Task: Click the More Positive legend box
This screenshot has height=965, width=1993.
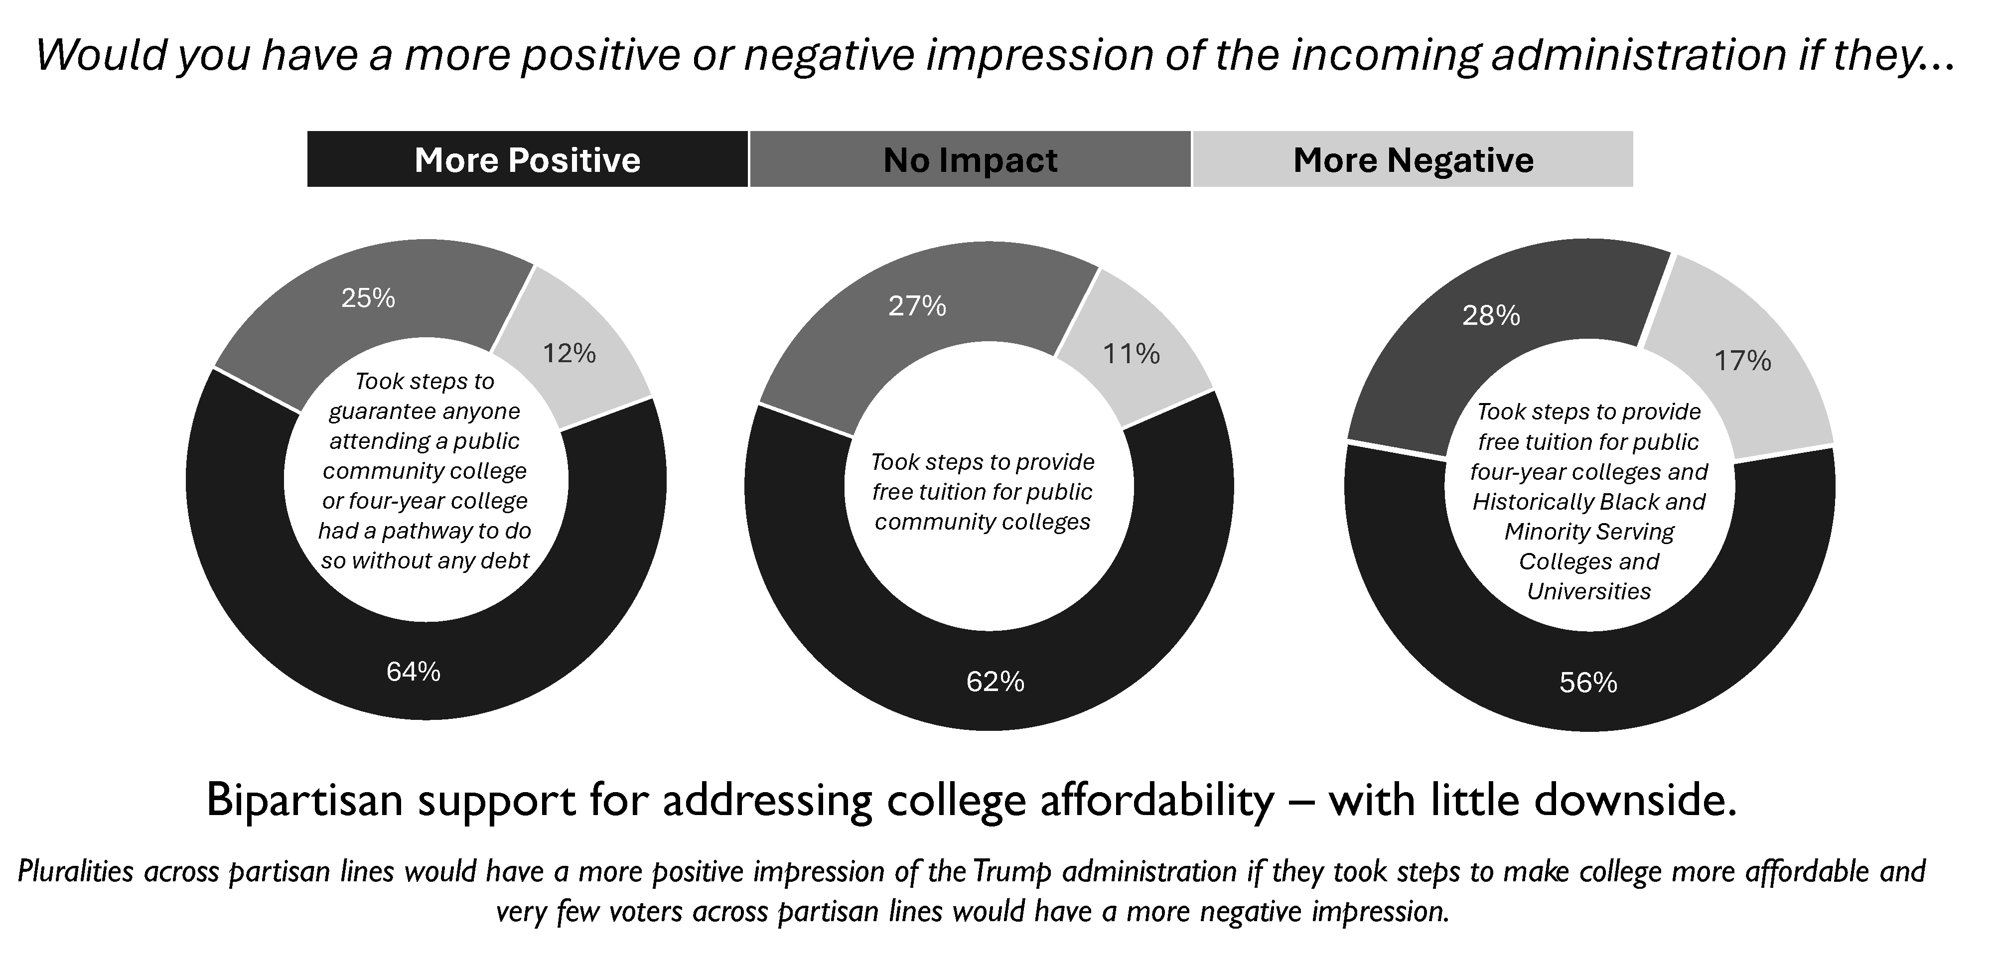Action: [528, 159]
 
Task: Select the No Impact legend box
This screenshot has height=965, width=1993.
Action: [970, 159]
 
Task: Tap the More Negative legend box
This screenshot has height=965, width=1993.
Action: [1413, 159]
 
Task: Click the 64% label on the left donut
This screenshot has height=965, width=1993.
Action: [413, 672]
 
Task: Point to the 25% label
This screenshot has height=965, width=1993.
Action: [368, 298]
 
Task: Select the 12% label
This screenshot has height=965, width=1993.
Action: [569, 354]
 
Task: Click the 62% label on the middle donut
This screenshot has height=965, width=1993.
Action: [995, 682]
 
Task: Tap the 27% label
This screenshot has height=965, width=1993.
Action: [917, 306]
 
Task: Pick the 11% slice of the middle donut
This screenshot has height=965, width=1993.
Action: [1131, 354]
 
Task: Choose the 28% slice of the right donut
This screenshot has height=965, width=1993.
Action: [1491, 316]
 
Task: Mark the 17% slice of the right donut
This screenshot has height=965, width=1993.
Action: [1742, 361]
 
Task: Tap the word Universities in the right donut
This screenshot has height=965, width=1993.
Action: [1588, 592]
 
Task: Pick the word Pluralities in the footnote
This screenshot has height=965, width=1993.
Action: [75, 871]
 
